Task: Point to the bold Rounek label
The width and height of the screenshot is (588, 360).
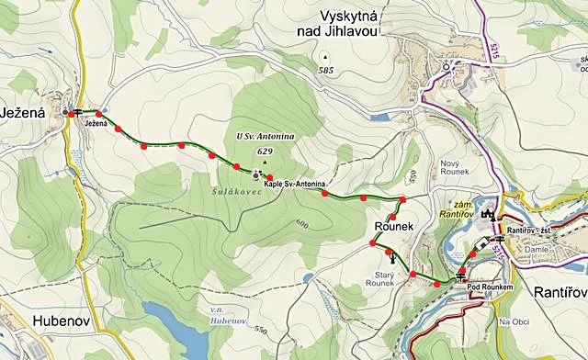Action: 398,226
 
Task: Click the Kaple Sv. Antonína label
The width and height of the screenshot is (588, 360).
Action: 295,184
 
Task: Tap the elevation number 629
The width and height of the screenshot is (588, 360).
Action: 266,151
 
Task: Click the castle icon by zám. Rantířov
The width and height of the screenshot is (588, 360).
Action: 487,214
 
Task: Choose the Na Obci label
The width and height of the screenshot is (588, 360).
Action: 514,322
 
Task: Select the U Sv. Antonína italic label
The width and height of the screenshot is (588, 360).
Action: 265,137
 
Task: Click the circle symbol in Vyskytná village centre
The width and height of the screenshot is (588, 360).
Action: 447,66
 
